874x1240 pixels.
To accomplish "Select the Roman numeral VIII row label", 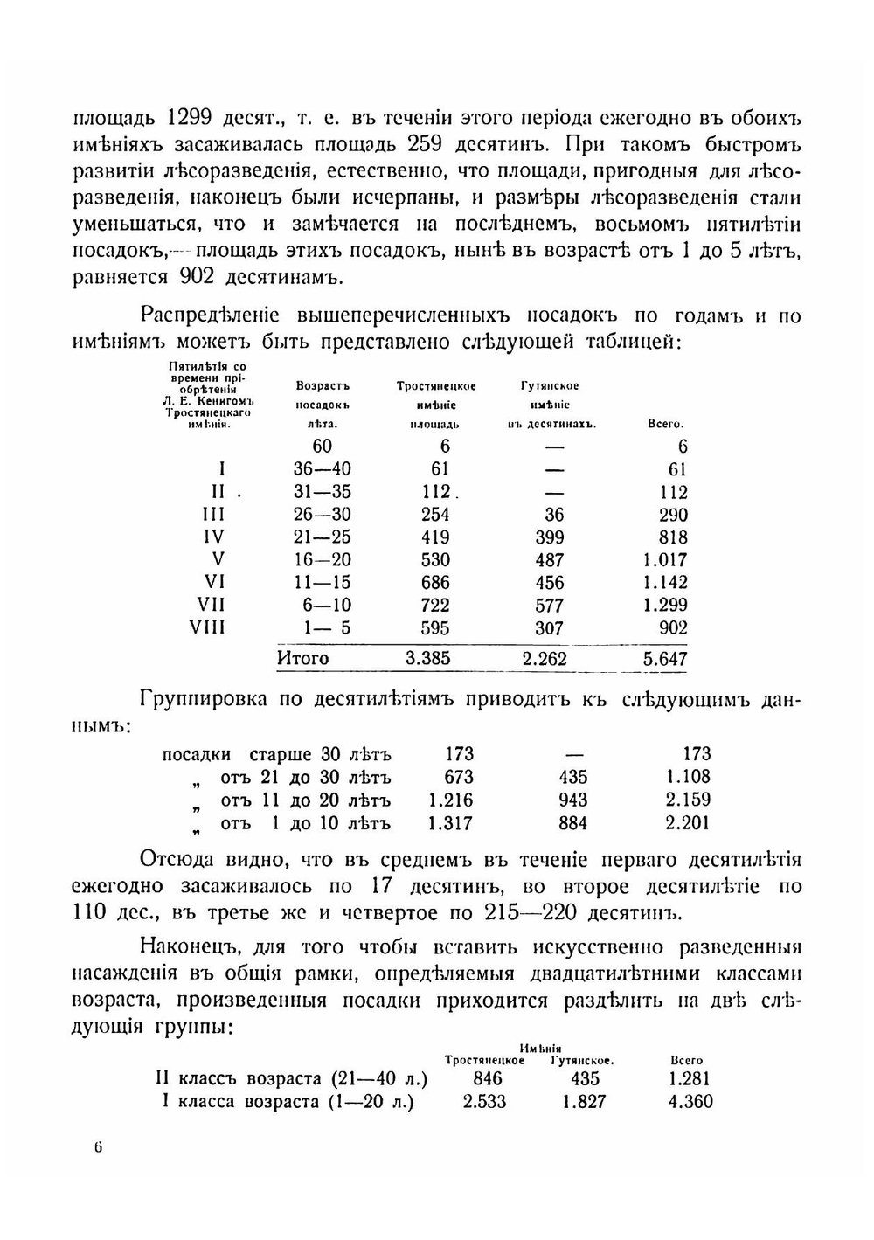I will pos(207,627).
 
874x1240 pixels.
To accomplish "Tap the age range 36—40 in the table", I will pos(323,469).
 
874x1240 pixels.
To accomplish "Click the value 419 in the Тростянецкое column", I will pos(434,537).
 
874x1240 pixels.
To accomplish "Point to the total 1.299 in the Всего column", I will pos(665,605).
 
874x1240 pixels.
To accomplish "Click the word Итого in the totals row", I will pos(302,658).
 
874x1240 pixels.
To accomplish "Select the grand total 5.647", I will pos(665,659).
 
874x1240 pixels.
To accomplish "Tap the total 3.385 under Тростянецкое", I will pos(428,658).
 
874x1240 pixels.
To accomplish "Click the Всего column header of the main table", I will pos(665,424).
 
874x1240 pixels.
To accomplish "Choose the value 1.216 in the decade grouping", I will pos(451,800).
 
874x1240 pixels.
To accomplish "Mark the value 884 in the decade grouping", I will pos(572,823).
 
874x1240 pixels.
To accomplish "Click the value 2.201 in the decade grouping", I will pos(688,823).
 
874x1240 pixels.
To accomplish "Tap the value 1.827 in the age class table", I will pos(584,1102).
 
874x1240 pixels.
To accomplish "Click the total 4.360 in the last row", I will pos(690,1102).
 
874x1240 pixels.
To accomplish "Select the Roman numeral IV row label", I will pos(212,537).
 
